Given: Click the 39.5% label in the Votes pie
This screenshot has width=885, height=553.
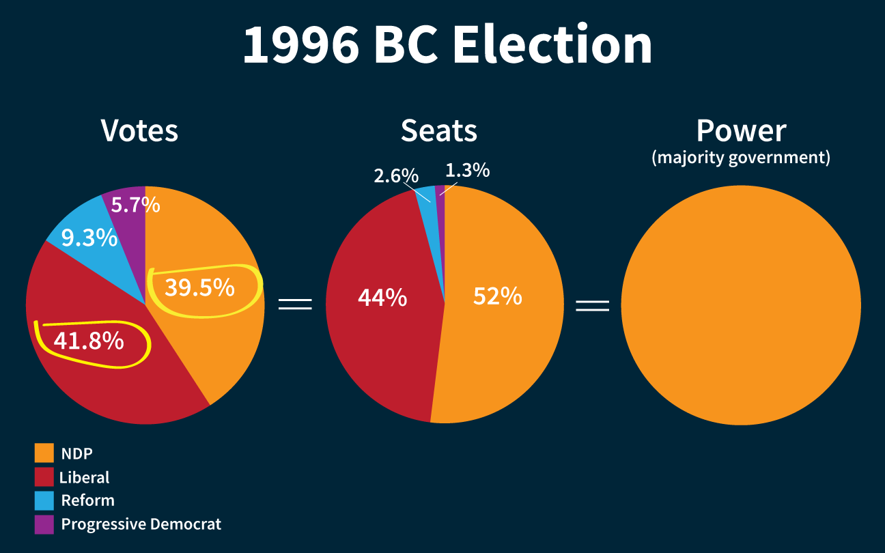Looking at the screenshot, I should click(x=199, y=288).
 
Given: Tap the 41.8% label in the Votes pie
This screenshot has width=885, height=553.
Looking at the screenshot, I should click(x=89, y=341).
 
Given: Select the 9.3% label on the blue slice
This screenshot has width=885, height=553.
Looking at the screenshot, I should click(x=89, y=238).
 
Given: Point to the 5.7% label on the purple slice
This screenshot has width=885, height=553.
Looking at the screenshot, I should click(x=135, y=204).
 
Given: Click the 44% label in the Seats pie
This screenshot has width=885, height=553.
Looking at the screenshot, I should click(x=382, y=298).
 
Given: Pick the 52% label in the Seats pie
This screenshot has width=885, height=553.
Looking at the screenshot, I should click(x=497, y=296).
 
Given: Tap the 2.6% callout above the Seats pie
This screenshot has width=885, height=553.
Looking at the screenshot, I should click(x=395, y=175).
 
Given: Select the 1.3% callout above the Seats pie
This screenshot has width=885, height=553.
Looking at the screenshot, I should click(x=467, y=170).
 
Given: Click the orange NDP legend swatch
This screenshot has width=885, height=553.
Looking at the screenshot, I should click(x=44, y=453).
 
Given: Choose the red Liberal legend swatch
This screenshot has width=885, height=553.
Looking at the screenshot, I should click(x=44, y=477).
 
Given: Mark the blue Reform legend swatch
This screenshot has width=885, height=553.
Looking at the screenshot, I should click(x=44, y=500).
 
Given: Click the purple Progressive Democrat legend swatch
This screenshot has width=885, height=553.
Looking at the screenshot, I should click(x=44, y=524).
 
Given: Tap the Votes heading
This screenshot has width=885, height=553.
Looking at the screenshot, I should click(x=139, y=130).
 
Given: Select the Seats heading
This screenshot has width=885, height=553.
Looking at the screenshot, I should click(x=438, y=130).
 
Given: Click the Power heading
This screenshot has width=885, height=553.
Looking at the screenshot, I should click(x=741, y=130).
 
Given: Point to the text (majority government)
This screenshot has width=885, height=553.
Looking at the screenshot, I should click(x=741, y=158).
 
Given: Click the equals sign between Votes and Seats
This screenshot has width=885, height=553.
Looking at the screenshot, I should click(x=295, y=304).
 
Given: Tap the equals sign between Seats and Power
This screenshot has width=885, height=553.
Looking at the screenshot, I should click(x=592, y=304).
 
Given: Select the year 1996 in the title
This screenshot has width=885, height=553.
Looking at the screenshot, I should click(x=301, y=45).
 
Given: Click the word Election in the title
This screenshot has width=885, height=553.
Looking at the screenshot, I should click(x=552, y=45).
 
